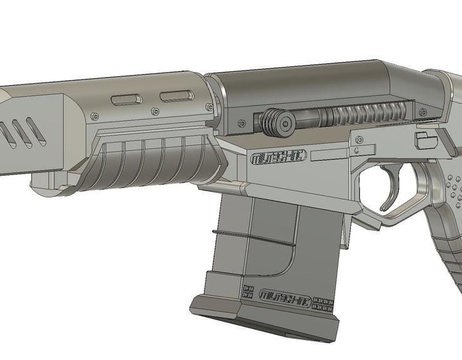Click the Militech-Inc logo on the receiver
coord(277,157)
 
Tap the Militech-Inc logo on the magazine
coord(284,293)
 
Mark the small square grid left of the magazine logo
coord(247,292)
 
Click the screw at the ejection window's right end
coord(425,112)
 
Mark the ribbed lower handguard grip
coord(150,164)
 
